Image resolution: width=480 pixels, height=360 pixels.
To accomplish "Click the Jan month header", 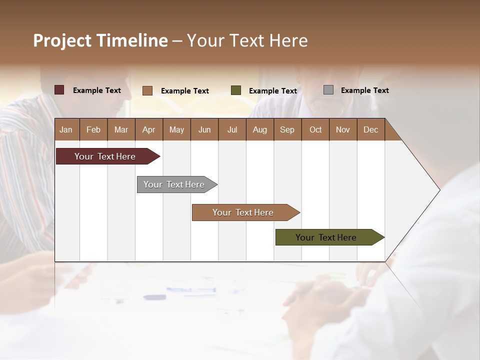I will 66,129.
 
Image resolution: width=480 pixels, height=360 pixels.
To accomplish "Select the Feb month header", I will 93,129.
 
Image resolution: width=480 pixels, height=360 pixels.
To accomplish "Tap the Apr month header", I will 149,129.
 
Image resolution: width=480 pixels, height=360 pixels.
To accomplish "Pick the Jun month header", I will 204,129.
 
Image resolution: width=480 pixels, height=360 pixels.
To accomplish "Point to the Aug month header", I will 260,129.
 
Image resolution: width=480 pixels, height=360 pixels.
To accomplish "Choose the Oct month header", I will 315,129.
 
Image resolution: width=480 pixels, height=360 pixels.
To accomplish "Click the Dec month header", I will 371,129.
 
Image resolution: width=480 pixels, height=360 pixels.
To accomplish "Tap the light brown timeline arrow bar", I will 243,212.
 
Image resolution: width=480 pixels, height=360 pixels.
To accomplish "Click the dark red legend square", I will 59,90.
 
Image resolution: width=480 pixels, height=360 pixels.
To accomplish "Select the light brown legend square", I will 147,90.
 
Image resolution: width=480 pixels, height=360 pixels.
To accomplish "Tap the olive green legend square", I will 236,90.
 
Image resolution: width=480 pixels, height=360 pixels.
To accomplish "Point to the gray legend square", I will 328,90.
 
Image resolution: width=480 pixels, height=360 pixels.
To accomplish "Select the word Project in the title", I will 62,40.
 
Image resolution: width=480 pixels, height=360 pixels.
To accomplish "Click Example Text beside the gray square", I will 364,90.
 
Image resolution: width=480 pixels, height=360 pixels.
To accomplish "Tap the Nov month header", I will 343,129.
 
